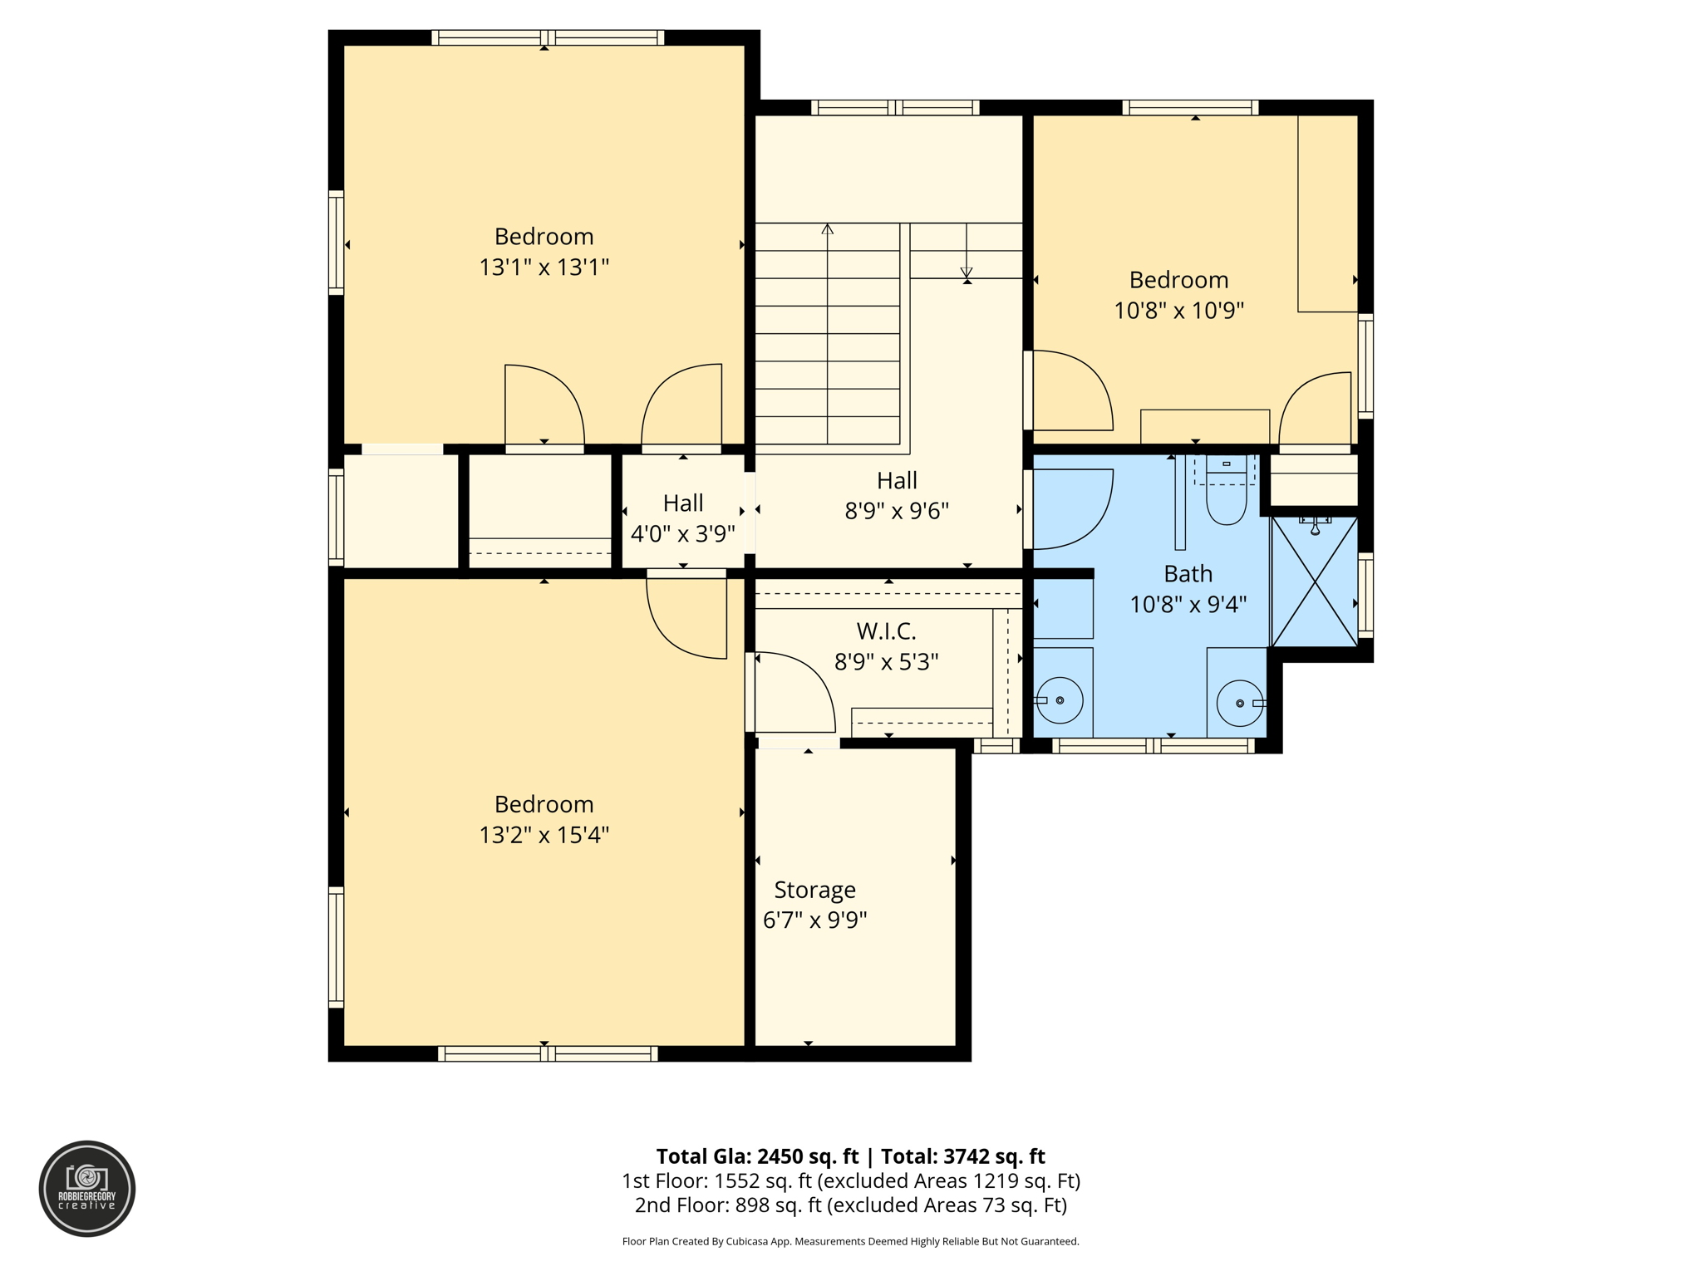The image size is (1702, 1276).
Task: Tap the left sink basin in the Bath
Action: click(x=1060, y=700)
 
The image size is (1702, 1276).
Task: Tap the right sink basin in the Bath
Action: click(x=1239, y=703)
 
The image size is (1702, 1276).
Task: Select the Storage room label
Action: click(x=814, y=890)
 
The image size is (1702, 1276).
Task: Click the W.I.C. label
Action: click(x=886, y=631)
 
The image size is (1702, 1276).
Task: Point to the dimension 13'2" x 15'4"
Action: click(x=544, y=835)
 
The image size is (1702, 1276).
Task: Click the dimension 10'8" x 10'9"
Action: click(x=1178, y=311)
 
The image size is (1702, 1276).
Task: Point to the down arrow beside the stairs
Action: click(x=966, y=271)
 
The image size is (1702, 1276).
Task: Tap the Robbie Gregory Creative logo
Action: click(x=87, y=1188)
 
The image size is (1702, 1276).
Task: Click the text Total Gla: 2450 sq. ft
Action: click(x=756, y=1156)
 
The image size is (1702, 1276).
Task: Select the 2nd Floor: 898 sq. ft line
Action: click(x=850, y=1205)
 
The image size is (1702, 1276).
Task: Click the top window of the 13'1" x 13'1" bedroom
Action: click(x=547, y=37)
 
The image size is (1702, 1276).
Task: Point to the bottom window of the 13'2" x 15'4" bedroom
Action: click(x=547, y=1054)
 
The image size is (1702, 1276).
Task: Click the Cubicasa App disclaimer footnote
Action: click(x=850, y=1242)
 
